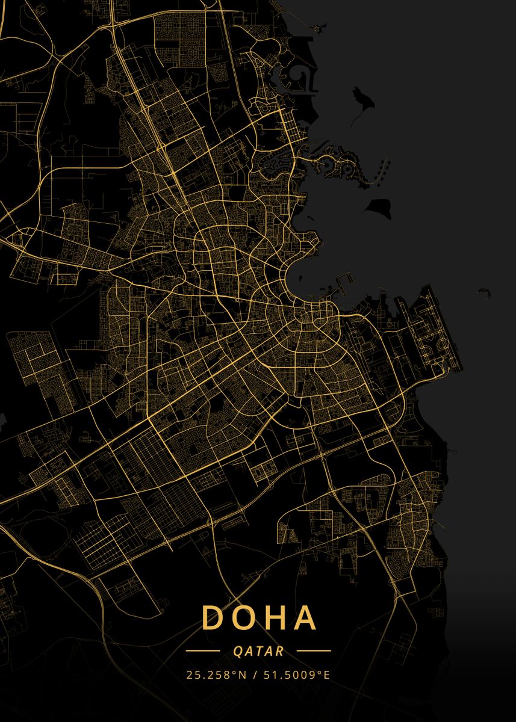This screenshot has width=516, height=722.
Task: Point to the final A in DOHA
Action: click(304, 617)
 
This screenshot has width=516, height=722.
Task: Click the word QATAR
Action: click(258, 651)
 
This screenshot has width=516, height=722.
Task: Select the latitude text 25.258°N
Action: click(216, 674)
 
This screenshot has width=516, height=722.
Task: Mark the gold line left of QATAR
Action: click(202, 651)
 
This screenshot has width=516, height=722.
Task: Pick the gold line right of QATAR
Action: click(314, 651)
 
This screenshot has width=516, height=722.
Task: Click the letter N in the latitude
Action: click(243, 674)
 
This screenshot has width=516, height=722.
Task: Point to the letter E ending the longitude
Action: click(327, 674)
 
